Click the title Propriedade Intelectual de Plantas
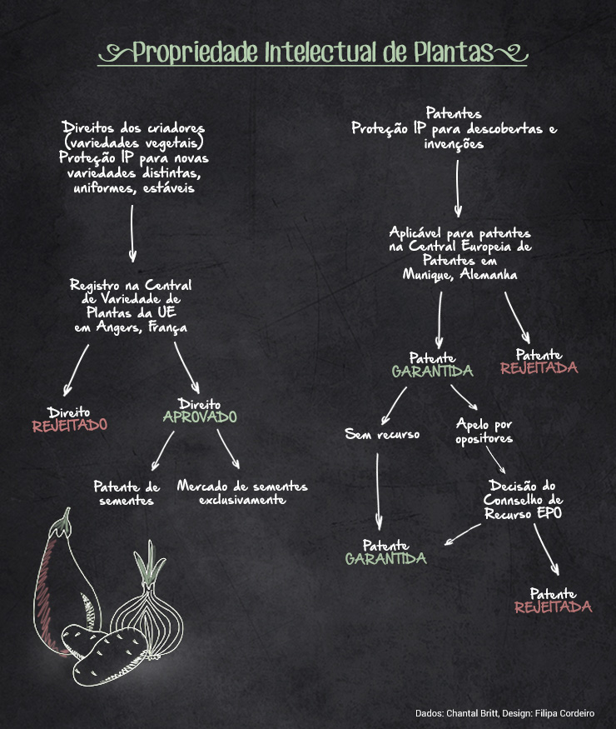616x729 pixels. [x=312, y=53]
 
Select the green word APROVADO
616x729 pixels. [x=199, y=417]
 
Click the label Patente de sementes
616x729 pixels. [x=126, y=493]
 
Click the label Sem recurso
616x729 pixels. [x=382, y=434]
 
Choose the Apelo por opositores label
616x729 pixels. [x=484, y=431]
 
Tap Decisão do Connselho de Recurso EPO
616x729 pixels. [x=523, y=500]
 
